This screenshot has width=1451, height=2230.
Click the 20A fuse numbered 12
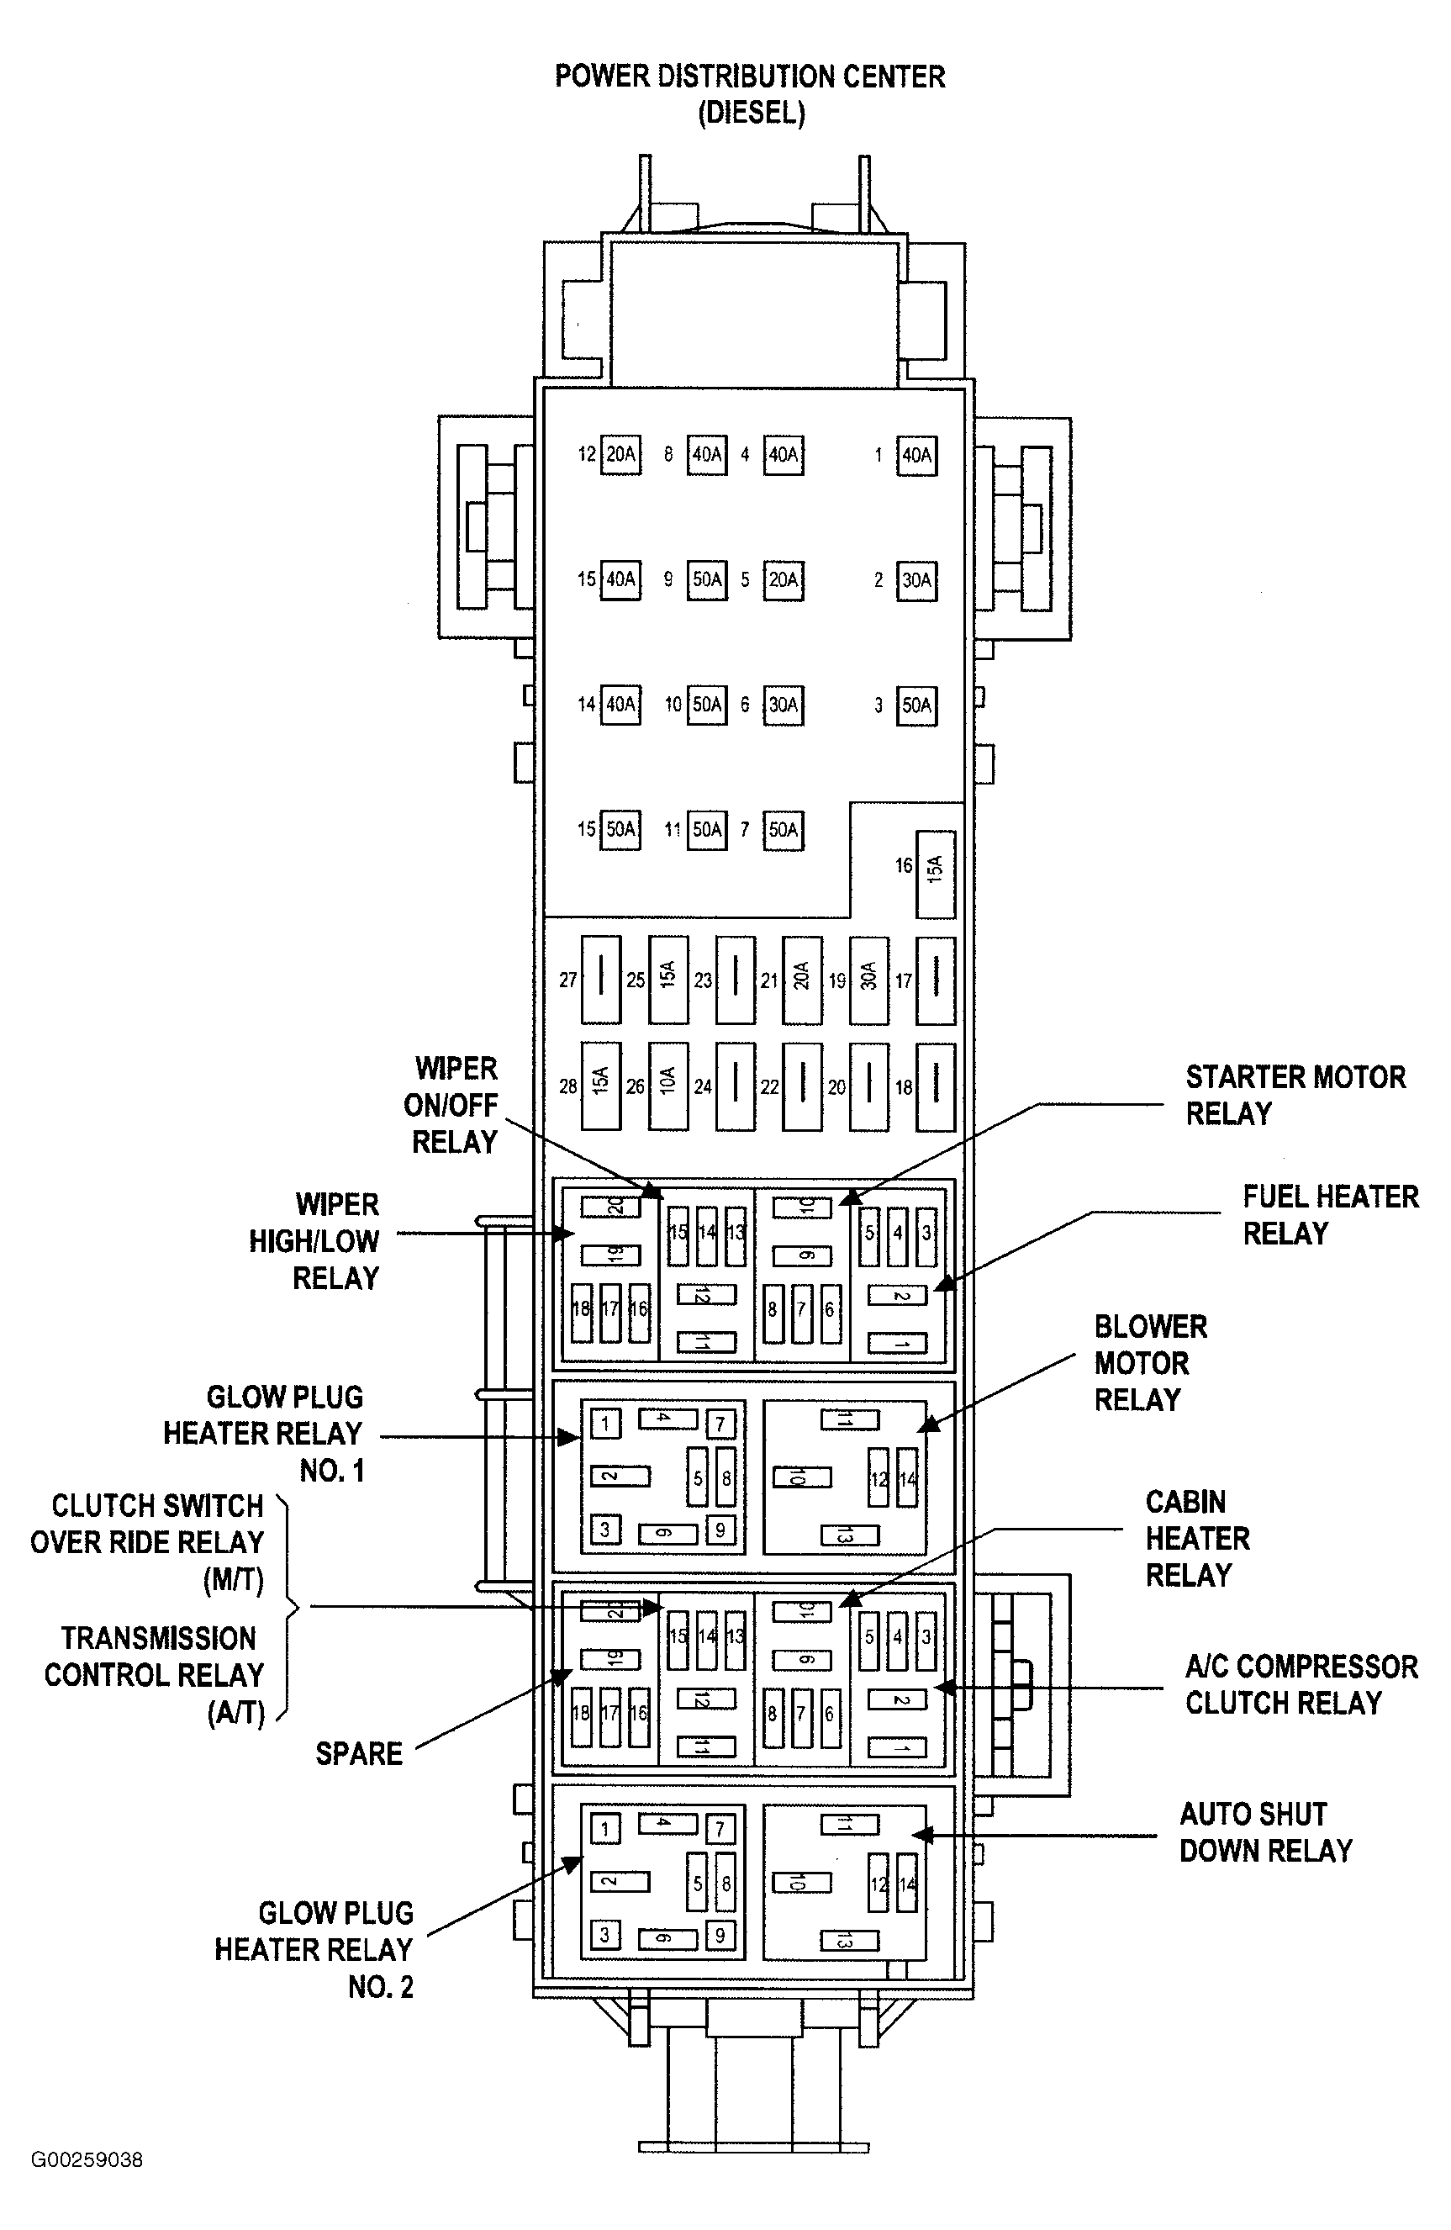pyautogui.click(x=620, y=454)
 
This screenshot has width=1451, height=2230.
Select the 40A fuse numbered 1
pyautogui.click(x=916, y=456)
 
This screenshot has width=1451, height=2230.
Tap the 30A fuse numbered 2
pyautogui.click(x=916, y=580)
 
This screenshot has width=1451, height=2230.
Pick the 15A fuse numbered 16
pyautogui.click(x=935, y=874)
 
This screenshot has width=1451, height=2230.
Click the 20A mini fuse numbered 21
pyautogui.click(x=802, y=979)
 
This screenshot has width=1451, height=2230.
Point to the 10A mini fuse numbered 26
pyautogui.click(x=667, y=1085)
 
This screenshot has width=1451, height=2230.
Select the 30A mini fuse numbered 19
pyautogui.click(x=868, y=979)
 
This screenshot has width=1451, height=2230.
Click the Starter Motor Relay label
pyautogui.click(x=1295, y=1094)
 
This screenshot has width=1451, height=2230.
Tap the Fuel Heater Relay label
pyautogui.click(x=1330, y=1214)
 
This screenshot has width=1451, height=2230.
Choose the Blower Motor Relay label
pyautogui.click(x=1149, y=1362)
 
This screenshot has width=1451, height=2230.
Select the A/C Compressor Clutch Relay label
pyautogui.click(x=1301, y=1683)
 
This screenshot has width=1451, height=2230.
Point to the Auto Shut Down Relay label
pyautogui.click(x=1264, y=1831)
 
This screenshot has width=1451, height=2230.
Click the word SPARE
pyautogui.click(x=359, y=1753)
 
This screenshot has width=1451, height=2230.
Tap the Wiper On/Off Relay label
pyautogui.click(x=454, y=1105)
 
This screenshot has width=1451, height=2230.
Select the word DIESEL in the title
pyautogui.click(x=752, y=113)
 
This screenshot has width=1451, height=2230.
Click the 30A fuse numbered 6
pyautogui.click(x=784, y=705)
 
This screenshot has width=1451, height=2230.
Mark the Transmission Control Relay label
pyautogui.click(x=156, y=1674)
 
